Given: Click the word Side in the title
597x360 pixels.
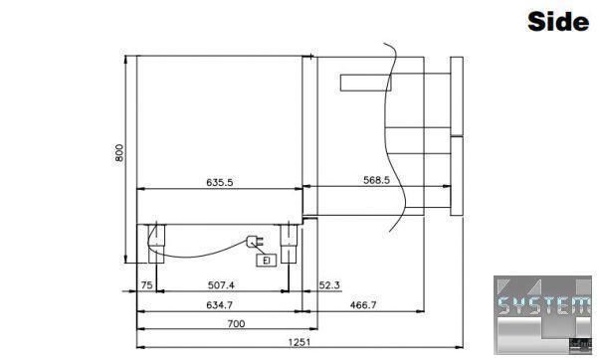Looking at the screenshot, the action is [x=558, y=21].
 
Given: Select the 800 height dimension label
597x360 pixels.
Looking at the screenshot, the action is [x=119, y=152].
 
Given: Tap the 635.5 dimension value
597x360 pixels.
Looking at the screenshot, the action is [x=220, y=182].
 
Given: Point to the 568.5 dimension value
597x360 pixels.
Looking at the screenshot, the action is [x=376, y=180].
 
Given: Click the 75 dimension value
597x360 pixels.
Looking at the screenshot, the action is [x=146, y=285].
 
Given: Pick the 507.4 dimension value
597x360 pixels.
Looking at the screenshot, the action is [x=221, y=285].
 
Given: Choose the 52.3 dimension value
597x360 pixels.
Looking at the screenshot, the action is [x=329, y=285].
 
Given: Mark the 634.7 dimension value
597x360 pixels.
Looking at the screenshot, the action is [x=219, y=305].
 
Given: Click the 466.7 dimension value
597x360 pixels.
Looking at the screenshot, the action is [x=363, y=305].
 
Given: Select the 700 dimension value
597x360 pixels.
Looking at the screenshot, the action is [x=236, y=324].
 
